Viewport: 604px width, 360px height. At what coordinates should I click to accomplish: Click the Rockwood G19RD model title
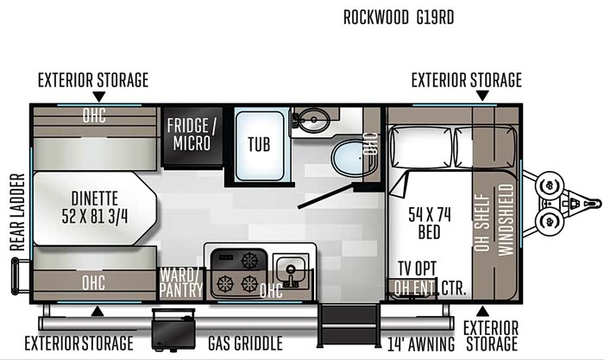pyautogui.click(x=399, y=17)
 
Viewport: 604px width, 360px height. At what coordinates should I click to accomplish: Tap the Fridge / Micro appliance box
pyautogui.click(x=192, y=136)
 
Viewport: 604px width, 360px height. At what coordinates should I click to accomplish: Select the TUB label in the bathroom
pyautogui.click(x=259, y=144)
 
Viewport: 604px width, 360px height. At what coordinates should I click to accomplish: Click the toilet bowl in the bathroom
pyautogui.click(x=352, y=158)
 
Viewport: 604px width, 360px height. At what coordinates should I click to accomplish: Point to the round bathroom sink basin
pyautogui.click(x=313, y=120)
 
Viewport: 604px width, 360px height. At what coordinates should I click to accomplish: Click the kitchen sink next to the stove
pyautogui.click(x=291, y=270)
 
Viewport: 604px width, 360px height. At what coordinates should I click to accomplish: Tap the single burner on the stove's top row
pyautogui.click(x=249, y=261)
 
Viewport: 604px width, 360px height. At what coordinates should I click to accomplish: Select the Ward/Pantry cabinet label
pyautogui.click(x=181, y=282)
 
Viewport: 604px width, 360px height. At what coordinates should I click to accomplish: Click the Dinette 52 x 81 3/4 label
pyautogui.click(x=95, y=208)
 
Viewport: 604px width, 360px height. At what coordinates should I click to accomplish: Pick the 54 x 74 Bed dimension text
pyautogui.click(x=430, y=224)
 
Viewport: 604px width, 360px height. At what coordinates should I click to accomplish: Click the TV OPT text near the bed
pyautogui.click(x=417, y=269)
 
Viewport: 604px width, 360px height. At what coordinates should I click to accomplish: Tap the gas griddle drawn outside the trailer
pyautogui.click(x=173, y=330)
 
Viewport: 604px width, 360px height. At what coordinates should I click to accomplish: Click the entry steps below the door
pyautogui.click(x=349, y=325)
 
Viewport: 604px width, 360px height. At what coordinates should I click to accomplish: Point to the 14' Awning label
pyautogui.click(x=421, y=344)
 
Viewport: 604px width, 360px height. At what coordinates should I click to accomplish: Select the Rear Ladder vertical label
pyautogui.click(x=18, y=212)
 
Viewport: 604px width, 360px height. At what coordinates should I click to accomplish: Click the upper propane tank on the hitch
pyautogui.click(x=550, y=186)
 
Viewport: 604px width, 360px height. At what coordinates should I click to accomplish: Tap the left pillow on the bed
pyautogui.click(x=421, y=148)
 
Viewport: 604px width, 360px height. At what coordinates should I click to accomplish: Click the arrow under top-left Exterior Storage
pyautogui.click(x=99, y=97)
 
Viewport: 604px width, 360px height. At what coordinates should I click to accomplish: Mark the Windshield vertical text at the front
pyautogui.click(x=506, y=219)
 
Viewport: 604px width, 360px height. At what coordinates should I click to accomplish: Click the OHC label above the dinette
pyautogui.click(x=94, y=115)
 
